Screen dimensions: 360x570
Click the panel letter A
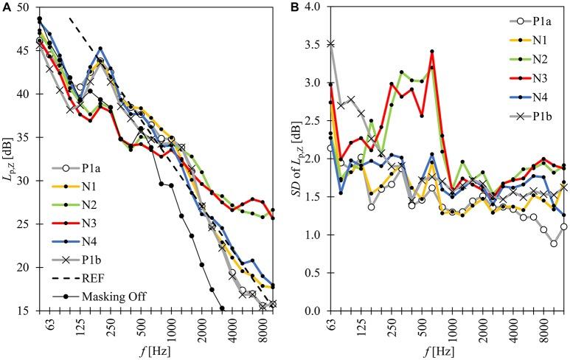point(6,7)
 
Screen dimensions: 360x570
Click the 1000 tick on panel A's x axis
point(170,322)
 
